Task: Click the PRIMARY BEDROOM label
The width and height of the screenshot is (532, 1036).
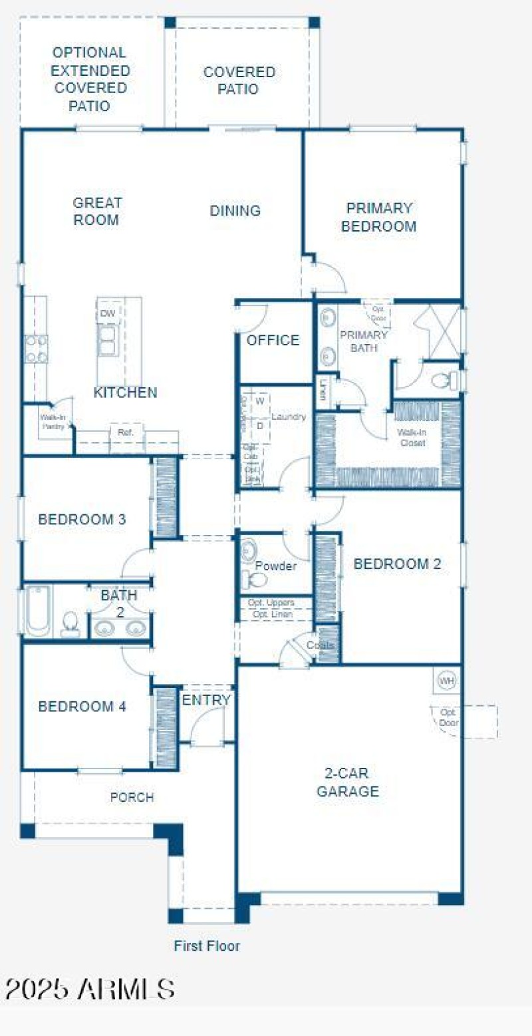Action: [x=378, y=218]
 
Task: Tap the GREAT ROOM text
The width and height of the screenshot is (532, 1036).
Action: [x=97, y=211]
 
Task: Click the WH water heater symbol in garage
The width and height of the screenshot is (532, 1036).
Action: [x=446, y=681]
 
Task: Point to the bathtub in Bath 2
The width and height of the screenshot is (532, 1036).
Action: [x=38, y=611]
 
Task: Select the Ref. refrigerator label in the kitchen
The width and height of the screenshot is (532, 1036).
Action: [x=126, y=432]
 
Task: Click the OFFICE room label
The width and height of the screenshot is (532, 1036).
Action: [x=273, y=341]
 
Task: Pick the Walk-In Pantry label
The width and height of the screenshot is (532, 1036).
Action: [x=53, y=422]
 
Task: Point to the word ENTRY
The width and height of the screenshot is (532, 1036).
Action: [x=206, y=700]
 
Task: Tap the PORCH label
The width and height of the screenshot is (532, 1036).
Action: [x=132, y=797]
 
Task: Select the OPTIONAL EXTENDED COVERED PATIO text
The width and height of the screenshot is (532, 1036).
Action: [x=90, y=79]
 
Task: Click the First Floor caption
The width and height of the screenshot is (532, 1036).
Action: [x=207, y=946]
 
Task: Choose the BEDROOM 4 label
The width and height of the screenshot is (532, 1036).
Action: [x=82, y=707]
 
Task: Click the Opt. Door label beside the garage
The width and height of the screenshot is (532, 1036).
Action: [x=448, y=717]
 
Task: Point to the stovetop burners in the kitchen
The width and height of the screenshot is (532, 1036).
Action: [x=36, y=349]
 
